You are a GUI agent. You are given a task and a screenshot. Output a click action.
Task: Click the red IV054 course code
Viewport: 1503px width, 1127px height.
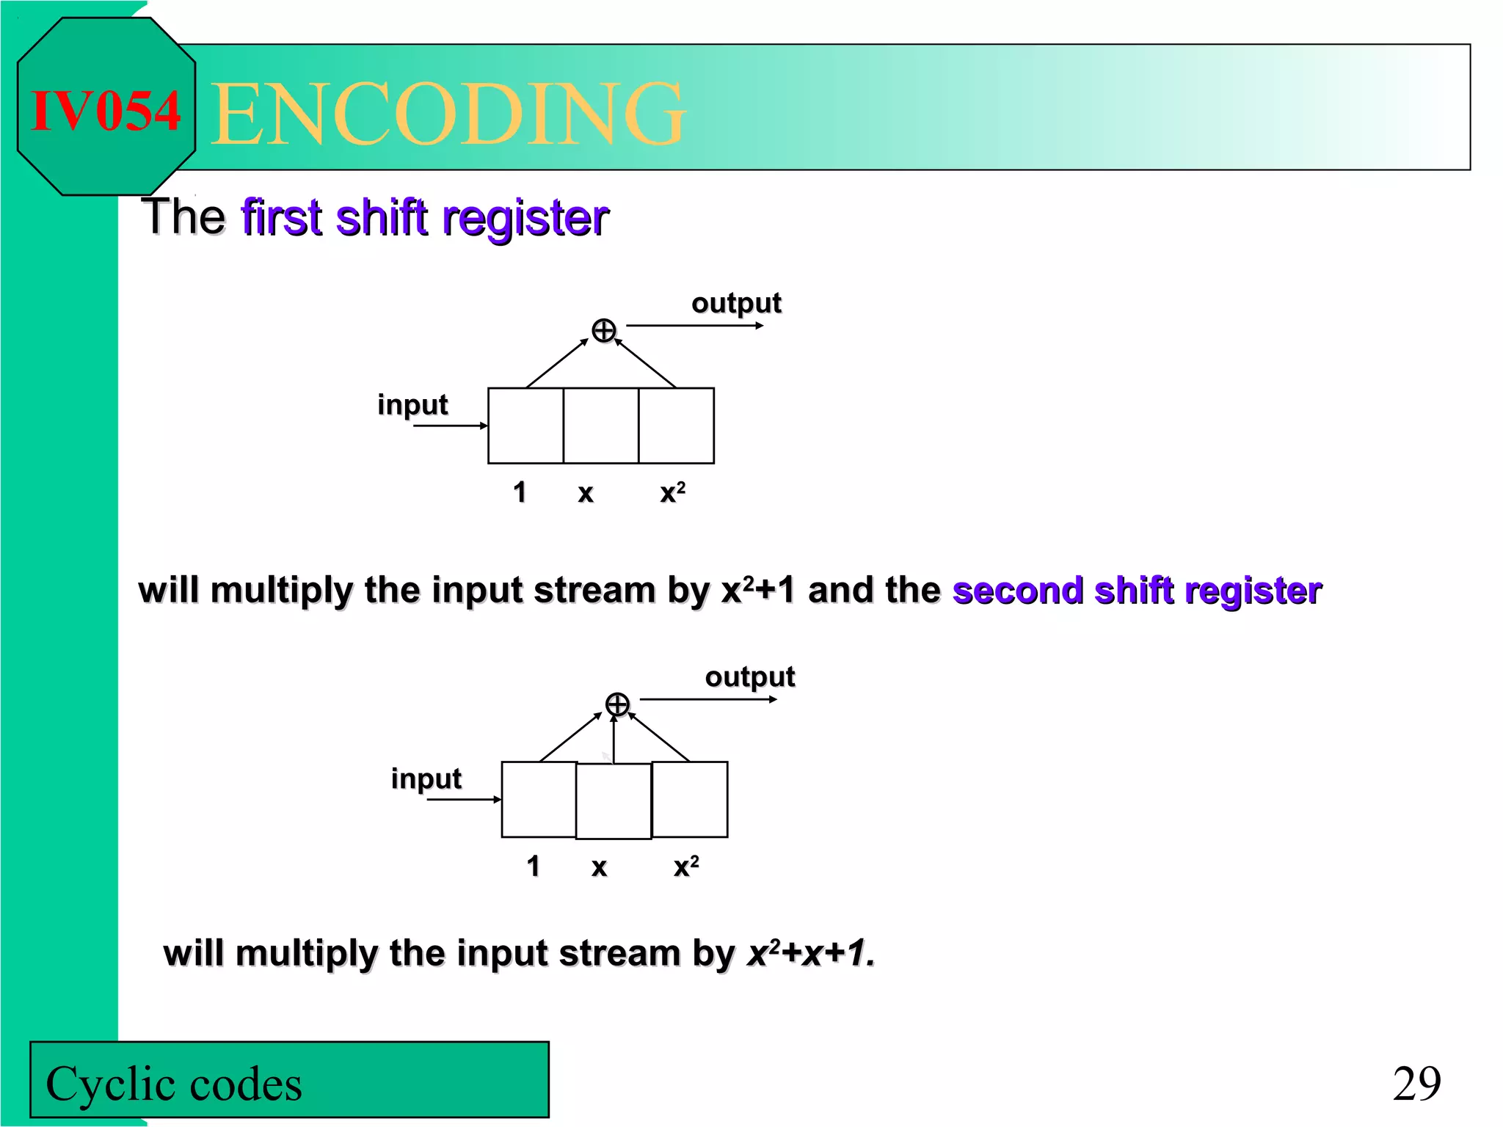[x=106, y=112]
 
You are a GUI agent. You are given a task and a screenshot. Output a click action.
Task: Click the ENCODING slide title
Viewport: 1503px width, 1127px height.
[x=448, y=114]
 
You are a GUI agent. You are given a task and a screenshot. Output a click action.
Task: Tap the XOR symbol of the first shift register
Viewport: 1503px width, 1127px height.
[x=603, y=331]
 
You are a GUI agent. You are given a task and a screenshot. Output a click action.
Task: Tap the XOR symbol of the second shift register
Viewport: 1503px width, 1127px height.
[x=617, y=704]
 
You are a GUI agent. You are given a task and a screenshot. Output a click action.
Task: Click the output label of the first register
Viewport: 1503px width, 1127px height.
[x=736, y=303]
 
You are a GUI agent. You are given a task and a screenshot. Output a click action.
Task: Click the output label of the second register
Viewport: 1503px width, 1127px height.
[x=750, y=676]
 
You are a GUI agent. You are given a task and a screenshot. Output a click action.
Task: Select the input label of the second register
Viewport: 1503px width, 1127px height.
[x=426, y=778]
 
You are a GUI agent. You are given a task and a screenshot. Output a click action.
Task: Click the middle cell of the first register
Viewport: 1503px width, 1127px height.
[x=601, y=426]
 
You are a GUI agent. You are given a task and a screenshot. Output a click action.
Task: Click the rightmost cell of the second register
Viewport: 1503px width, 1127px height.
[x=690, y=800]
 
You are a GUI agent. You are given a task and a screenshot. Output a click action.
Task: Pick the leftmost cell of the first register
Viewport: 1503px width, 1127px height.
[x=525, y=426]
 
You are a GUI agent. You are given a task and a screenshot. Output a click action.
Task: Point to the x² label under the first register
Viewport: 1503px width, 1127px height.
[x=672, y=492]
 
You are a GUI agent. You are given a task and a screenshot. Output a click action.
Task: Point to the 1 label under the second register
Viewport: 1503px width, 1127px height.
[x=534, y=867]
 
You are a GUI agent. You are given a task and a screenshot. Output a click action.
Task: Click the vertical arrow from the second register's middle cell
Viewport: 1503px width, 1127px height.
[x=614, y=740]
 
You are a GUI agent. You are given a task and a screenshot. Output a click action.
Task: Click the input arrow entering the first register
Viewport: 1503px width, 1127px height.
[x=449, y=426]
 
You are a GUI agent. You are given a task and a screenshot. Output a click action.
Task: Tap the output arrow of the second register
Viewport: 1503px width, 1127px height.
[x=708, y=699]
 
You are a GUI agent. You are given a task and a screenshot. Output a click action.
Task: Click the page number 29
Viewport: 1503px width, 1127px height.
[x=1416, y=1084]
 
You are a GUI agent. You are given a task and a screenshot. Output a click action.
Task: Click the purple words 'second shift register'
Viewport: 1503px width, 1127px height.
[x=1137, y=591]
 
